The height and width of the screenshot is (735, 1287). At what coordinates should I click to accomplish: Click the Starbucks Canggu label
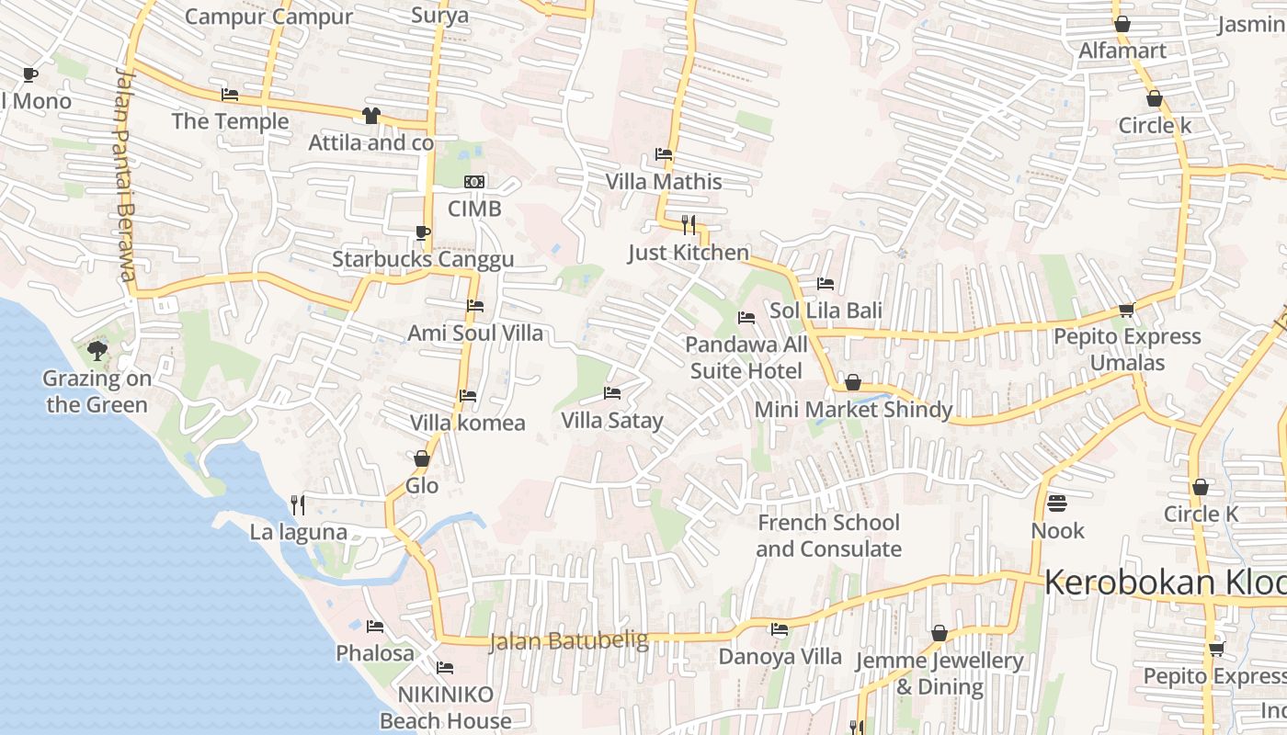pyautogui.click(x=423, y=259)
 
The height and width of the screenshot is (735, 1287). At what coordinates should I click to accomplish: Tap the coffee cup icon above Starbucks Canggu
pyautogui.click(x=423, y=232)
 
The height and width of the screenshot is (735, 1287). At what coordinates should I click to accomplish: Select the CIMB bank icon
pyautogui.click(x=474, y=182)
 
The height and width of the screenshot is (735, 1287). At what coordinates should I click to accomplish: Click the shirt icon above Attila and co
pyautogui.click(x=370, y=116)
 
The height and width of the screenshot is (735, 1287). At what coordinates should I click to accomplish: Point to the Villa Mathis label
pyautogui.click(x=664, y=182)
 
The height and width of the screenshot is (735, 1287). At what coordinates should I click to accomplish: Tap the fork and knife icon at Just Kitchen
pyautogui.click(x=689, y=224)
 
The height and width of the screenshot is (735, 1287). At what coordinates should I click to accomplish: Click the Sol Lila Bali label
pyautogui.click(x=826, y=311)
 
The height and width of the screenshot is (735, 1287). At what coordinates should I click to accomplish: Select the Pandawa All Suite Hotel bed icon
pyautogui.click(x=746, y=318)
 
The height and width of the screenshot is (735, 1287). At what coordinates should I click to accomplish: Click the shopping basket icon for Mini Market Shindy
pyautogui.click(x=853, y=382)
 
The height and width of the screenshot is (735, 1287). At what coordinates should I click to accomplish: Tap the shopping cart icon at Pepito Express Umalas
pyautogui.click(x=1127, y=310)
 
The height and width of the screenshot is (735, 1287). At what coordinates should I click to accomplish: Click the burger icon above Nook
pyautogui.click(x=1057, y=503)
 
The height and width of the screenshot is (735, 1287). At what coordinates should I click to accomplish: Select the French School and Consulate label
pyautogui.click(x=828, y=536)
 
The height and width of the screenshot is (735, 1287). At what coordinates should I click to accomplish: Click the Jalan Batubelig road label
pyautogui.click(x=568, y=640)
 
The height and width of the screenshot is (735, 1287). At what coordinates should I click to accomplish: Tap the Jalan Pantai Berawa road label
pyautogui.click(x=126, y=175)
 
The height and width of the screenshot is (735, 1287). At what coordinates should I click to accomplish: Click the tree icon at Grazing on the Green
pyautogui.click(x=97, y=351)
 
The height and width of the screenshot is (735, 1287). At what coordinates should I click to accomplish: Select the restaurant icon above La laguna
pyautogui.click(x=298, y=504)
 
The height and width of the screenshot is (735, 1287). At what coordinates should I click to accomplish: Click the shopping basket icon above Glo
pyautogui.click(x=422, y=458)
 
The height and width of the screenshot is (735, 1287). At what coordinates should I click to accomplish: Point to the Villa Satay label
pyautogui.click(x=612, y=421)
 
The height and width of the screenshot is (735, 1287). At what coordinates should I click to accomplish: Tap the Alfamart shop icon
pyautogui.click(x=1122, y=25)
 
